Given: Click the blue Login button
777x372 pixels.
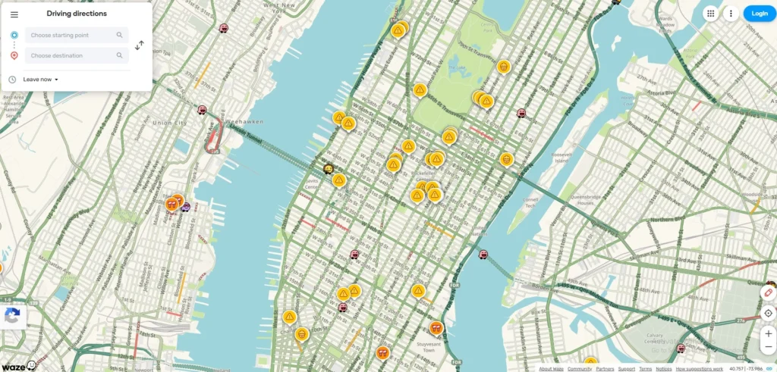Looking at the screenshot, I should click(x=760, y=13).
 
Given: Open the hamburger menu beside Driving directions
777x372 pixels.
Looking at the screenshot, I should click(x=14, y=14).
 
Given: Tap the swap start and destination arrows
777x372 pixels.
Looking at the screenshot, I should click(x=140, y=45).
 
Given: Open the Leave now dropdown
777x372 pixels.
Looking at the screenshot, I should click(x=41, y=80).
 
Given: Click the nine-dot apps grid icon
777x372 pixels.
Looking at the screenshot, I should click(x=710, y=13).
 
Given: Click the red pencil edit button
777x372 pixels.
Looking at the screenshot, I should click(x=768, y=293).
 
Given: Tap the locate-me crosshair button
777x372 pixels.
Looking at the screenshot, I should click(x=768, y=313).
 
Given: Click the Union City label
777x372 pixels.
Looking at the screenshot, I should click(x=169, y=123).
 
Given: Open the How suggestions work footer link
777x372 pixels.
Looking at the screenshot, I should click(x=700, y=369).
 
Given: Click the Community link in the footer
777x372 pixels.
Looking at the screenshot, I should click(x=580, y=369).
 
